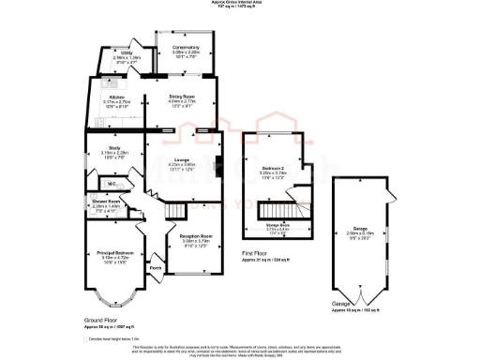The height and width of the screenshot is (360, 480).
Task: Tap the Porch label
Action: pyautogui.click(x=156, y=267)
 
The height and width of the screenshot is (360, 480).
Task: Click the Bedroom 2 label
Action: pyautogui.click(x=272, y=170)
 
